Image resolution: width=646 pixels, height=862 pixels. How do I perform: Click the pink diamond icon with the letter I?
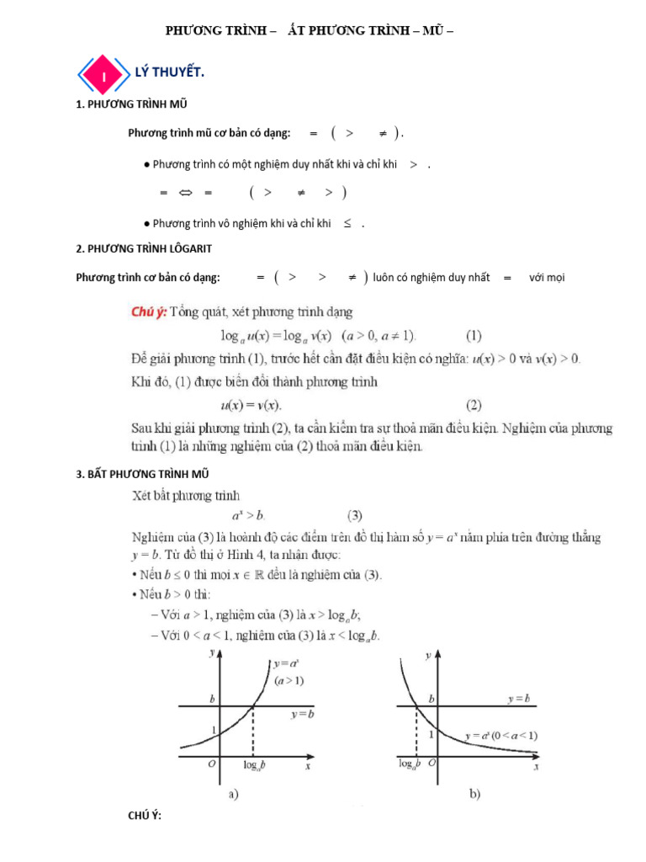[103, 76]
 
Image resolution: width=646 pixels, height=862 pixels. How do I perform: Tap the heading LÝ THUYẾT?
[170, 73]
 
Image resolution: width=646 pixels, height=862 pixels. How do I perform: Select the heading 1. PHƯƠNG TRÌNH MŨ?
[131, 105]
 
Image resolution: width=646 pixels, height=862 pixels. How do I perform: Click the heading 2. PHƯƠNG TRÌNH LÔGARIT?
[144, 248]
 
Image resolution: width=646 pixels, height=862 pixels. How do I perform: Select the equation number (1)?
[474, 335]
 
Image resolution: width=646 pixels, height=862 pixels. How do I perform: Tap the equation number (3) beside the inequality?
[356, 514]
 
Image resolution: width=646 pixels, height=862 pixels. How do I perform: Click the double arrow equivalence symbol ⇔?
[186, 193]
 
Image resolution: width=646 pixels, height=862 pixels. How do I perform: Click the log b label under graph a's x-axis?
[254, 766]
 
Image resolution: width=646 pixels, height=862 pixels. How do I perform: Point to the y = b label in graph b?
[518, 699]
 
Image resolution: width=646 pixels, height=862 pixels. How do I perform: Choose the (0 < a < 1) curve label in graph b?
[501, 735]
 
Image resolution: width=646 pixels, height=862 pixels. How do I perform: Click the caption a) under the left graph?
[235, 794]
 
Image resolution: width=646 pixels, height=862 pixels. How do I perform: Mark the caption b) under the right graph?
[474, 794]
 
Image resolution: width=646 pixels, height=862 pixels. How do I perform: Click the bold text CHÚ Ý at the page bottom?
[144, 817]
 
